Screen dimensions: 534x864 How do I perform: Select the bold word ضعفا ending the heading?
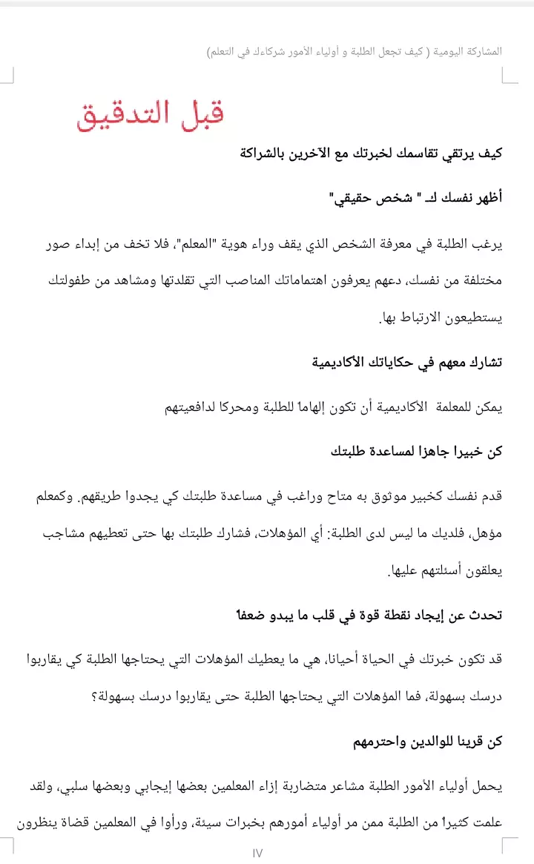246,615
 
